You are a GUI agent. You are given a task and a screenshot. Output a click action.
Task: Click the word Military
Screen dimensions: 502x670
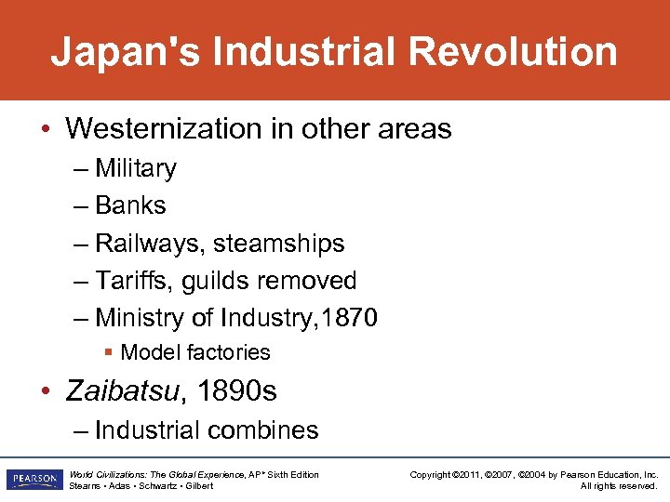click(136, 168)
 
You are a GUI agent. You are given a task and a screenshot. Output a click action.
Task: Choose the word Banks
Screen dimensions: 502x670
click(130, 205)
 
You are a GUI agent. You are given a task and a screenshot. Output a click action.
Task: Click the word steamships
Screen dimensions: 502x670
click(279, 244)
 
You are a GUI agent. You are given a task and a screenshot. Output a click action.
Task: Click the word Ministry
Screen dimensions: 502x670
click(140, 318)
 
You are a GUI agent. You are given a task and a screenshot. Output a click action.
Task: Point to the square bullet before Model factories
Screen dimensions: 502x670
click(109, 352)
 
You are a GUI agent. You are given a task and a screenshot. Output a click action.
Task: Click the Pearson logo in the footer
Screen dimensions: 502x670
click(33, 480)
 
